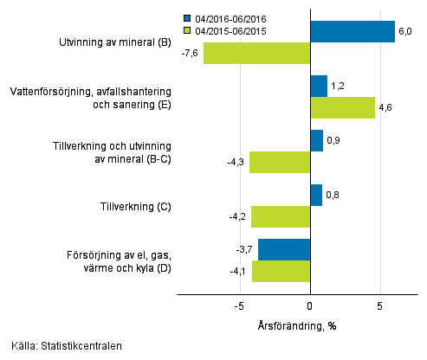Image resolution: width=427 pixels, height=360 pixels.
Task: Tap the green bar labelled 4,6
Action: click(x=342, y=107)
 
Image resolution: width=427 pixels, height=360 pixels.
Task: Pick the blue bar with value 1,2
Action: click(x=319, y=87)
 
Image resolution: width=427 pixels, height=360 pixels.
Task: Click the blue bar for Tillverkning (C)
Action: click(x=316, y=195)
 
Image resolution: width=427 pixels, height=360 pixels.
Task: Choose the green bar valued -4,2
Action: click(x=281, y=216)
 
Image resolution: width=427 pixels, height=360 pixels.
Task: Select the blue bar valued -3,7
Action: click(x=284, y=249)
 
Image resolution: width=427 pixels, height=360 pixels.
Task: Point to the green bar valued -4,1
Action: click(x=281, y=271)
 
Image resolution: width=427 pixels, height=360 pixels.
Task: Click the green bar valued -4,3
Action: click(x=280, y=162)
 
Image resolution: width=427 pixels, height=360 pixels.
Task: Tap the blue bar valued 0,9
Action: click(x=316, y=140)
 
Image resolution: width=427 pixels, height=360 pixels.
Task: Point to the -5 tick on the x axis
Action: click(x=240, y=305)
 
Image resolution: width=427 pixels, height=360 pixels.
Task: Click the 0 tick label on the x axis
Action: click(x=310, y=305)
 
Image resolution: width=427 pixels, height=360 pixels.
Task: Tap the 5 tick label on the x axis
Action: click(x=379, y=305)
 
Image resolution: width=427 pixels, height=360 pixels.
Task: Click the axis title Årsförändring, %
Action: click(x=297, y=325)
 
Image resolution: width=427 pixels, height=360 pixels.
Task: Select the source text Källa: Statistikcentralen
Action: click(x=61, y=346)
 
